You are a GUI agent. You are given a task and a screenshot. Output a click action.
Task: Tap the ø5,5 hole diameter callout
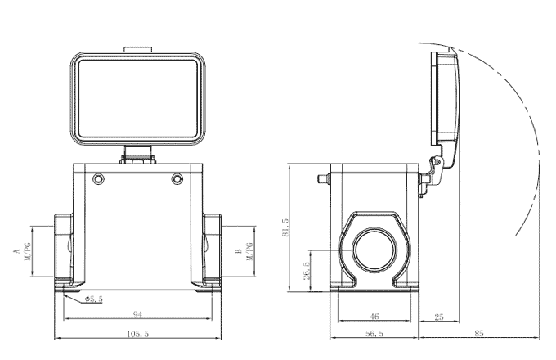coord(93,299)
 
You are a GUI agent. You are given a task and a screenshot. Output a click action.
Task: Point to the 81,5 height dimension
coord(285,227)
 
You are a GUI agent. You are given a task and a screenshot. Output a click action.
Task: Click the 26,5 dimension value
coord(306,270)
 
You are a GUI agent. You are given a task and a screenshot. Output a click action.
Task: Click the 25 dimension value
coord(439,316)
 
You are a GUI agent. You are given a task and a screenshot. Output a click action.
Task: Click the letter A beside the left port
coord(16,250)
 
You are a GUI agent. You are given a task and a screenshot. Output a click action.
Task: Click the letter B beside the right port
coord(238,250)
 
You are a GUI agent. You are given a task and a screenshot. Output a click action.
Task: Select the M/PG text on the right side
coord(249,250)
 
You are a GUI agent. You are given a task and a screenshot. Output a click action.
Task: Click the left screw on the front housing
coord(99,178)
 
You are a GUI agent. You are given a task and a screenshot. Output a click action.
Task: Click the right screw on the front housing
coord(177,178)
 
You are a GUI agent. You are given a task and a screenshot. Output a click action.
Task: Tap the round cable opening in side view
coord(374,250)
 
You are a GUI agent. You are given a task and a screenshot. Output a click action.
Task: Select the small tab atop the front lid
coord(137,50)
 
